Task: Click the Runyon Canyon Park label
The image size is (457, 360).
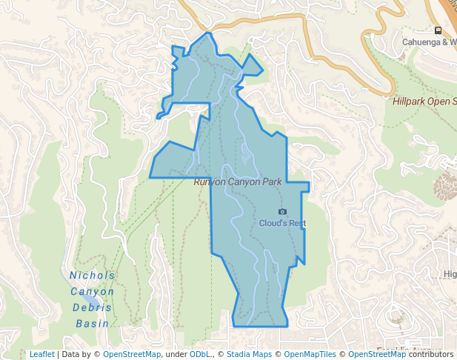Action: pos(238,182)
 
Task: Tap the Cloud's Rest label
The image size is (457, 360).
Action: pos(282,223)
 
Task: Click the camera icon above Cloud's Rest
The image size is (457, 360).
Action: pos(282,212)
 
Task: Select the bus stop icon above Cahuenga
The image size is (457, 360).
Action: pos(438,30)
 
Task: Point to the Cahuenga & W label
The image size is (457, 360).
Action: pos(429,42)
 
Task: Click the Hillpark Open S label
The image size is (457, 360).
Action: pos(424,101)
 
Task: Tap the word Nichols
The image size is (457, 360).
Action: pos(93,276)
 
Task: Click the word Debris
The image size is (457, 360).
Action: pos(93,307)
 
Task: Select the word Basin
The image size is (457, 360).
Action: pos(93,324)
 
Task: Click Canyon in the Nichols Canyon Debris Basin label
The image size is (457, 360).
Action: pos(93,291)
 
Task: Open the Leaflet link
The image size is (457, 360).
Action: pos(41,355)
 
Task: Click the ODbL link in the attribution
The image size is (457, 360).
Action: pos(200,355)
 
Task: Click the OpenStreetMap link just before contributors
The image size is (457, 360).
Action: pos(377,355)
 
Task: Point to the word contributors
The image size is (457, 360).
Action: pos(431,355)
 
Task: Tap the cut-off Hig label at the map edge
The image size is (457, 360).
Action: pos(450,274)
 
